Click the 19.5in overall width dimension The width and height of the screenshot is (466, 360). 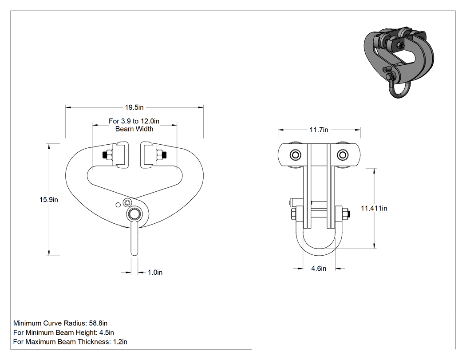pos(134,107)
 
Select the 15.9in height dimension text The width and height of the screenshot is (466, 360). pos(49,200)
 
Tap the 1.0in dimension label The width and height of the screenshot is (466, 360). pos(155,272)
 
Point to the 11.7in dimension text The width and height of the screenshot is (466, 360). pos(319,130)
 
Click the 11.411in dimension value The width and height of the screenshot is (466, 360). pos(374,208)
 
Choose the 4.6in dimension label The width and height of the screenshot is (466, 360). pos(319,269)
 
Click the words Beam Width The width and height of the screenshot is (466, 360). pos(134,129)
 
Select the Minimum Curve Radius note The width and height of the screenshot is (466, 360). pos(60,323)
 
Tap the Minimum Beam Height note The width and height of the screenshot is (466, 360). pos(63,332)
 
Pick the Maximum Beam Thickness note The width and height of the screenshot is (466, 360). pos(70,342)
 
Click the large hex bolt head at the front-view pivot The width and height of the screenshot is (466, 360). pos(134,214)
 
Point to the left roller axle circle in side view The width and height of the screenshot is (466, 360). pos(296,155)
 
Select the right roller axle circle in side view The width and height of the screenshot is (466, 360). pos(343,155)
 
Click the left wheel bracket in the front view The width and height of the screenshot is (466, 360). pos(122,155)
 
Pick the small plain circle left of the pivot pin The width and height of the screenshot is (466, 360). pos(118,205)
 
